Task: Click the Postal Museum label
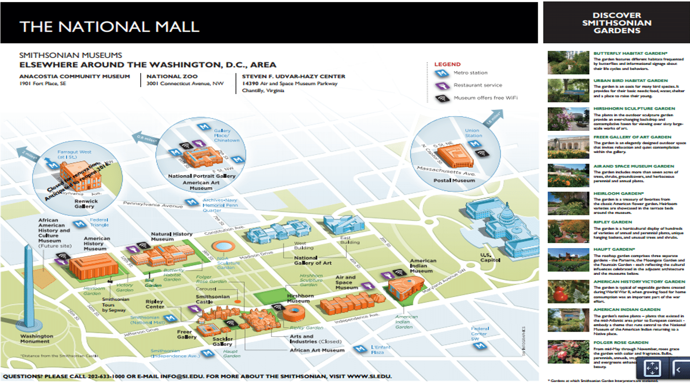click(455, 180)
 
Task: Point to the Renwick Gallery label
click(84, 204)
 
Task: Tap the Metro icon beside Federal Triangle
click(79, 224)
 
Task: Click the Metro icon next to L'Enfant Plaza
click(359, 349)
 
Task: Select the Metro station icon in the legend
click(441, 73)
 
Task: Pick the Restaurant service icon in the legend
click(441, 86)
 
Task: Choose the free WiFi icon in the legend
click(441, 98)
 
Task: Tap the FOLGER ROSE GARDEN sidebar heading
click(620, 343)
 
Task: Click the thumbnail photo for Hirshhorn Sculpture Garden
click(568, 119)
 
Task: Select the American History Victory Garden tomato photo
click(568, 292)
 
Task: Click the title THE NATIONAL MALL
click(109, 26)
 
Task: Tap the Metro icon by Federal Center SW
click(479, 345)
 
